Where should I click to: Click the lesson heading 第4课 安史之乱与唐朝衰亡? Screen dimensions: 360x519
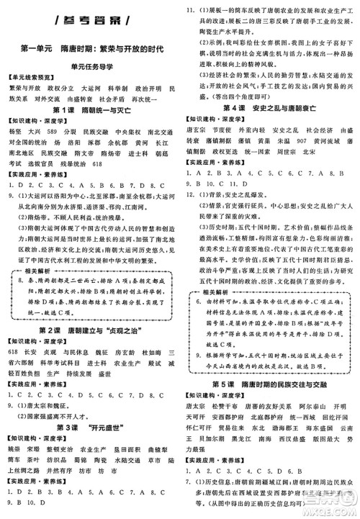point(270,107)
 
